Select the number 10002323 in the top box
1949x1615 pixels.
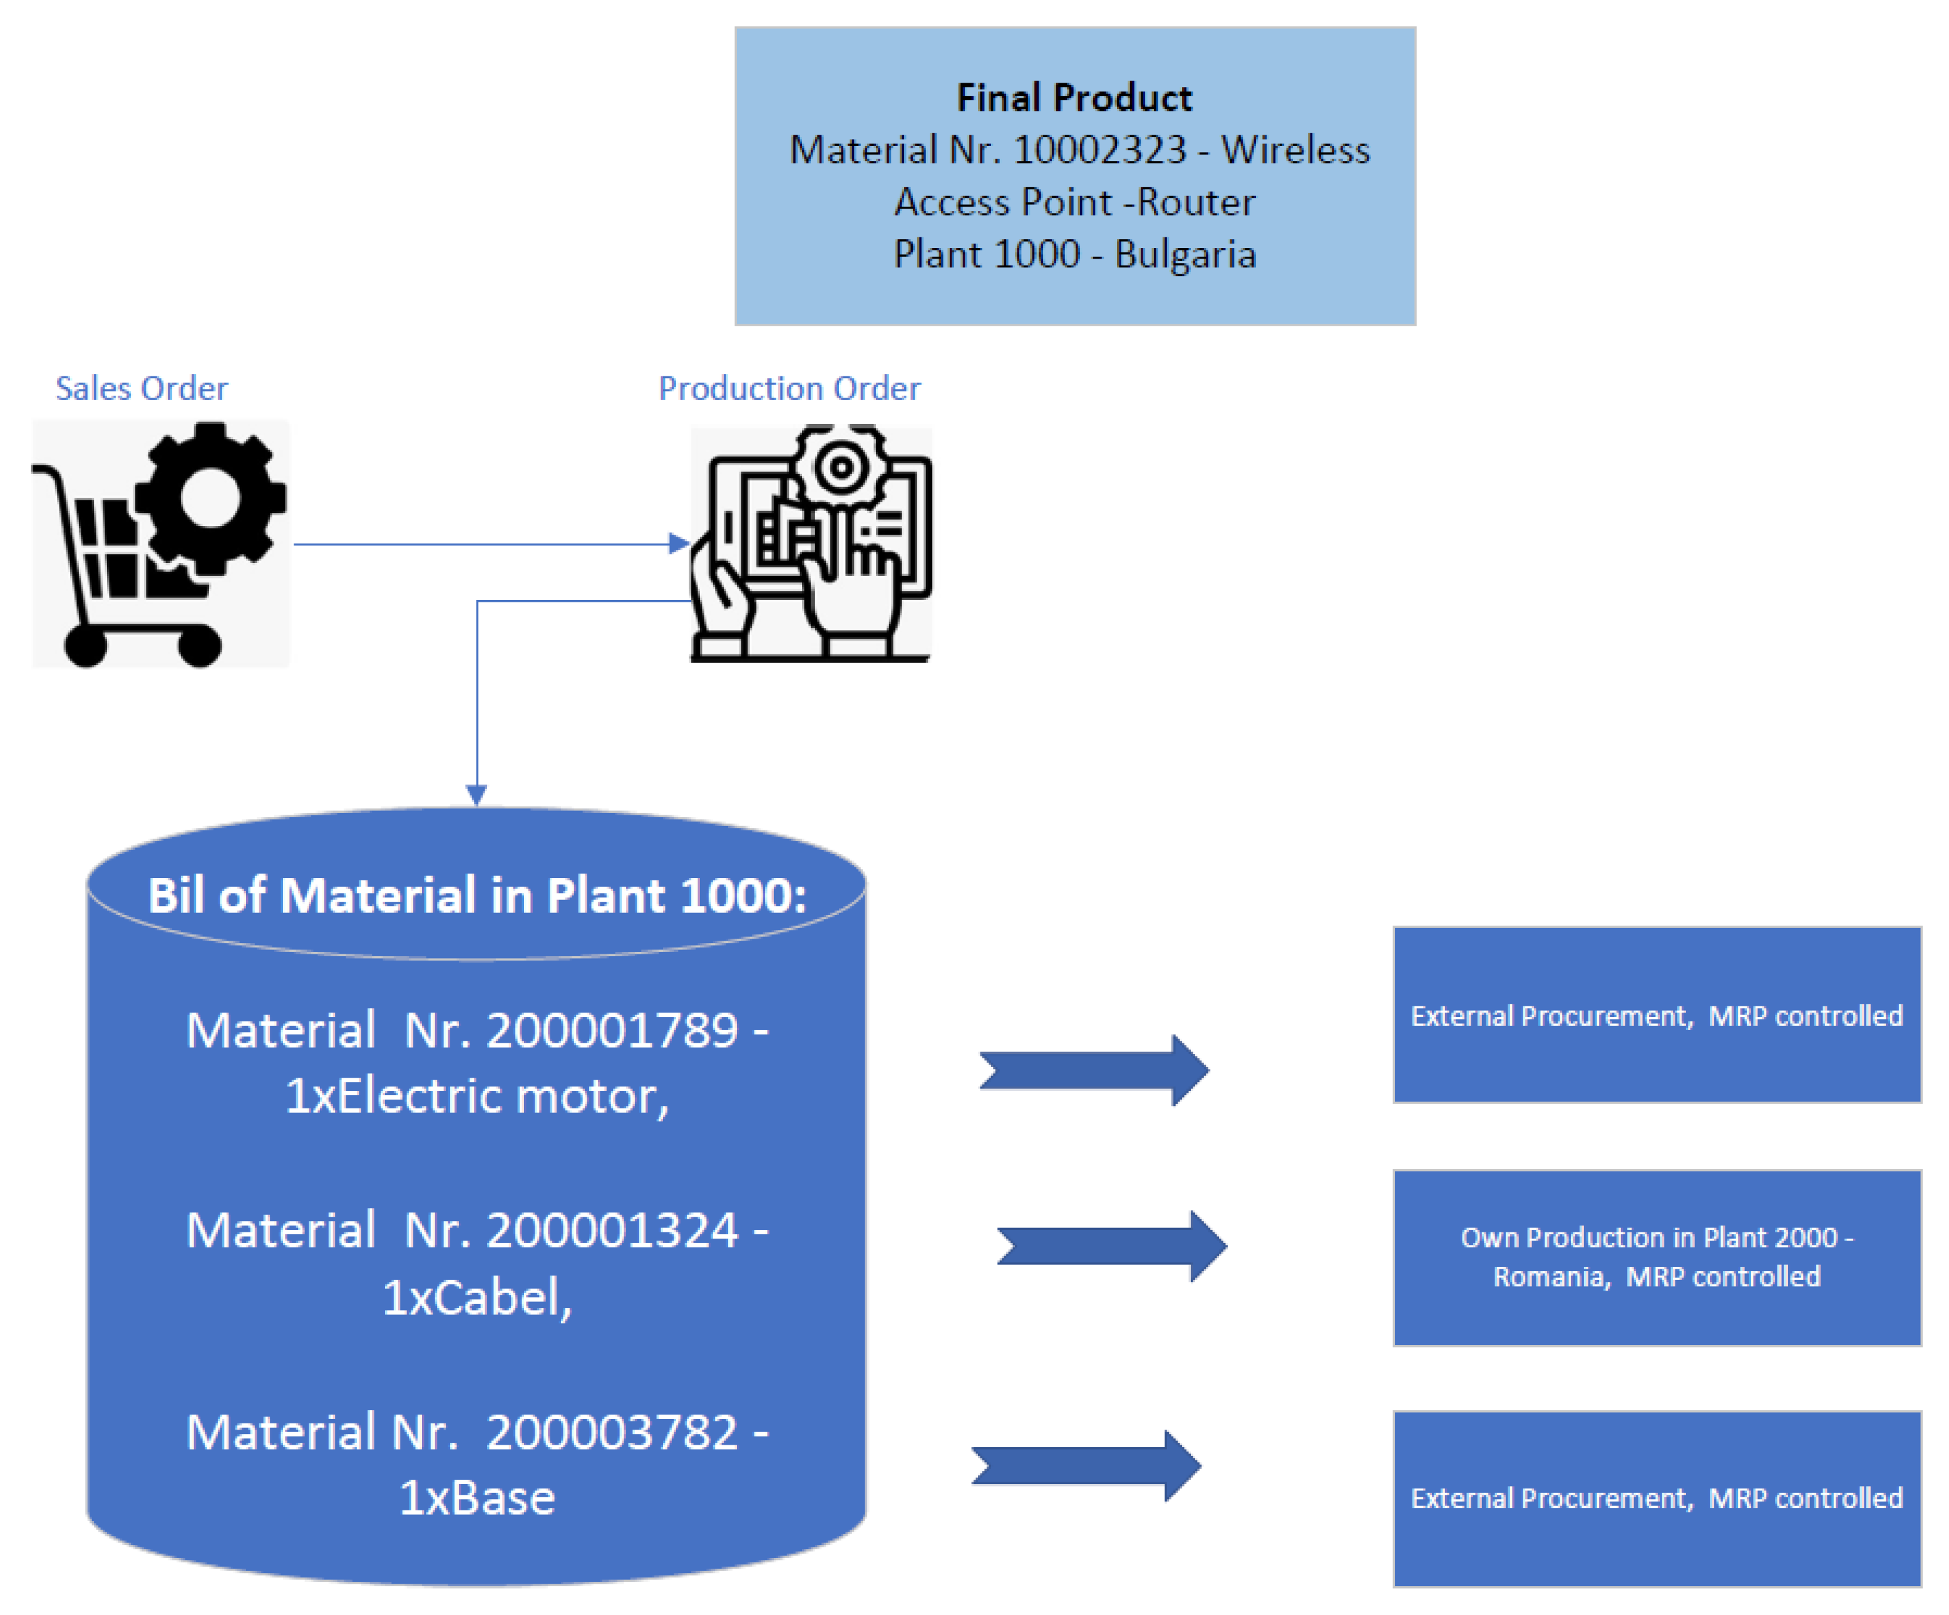click(1100, 150)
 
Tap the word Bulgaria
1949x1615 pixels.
click(1185, 254)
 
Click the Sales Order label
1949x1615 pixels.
click(141, 388)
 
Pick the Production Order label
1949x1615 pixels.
click(789, 388)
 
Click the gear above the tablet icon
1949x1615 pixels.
click(841, 467)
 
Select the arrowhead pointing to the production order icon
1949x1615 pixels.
click(679, 544)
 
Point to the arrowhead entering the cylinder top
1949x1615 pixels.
click(476, 795)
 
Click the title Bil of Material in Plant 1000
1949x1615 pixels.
click(477, 895)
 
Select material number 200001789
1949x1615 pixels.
click(612, 1030)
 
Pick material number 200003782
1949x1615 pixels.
click(612, 1432)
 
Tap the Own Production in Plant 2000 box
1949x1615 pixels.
click(1657, 1257)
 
